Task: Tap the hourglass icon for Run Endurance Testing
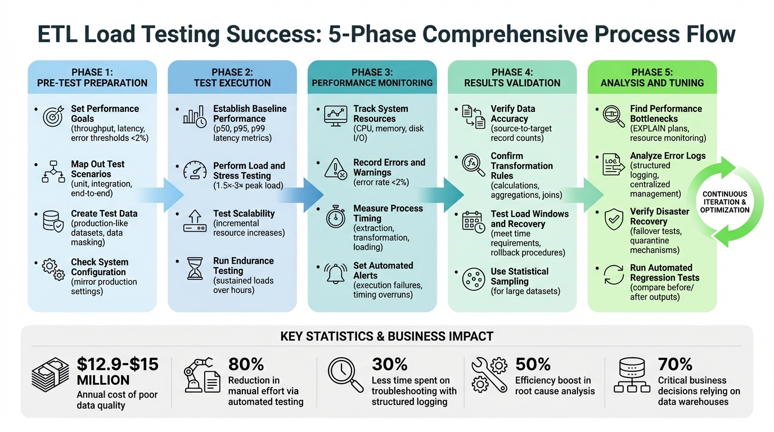(195, 269)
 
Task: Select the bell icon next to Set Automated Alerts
(336, 274)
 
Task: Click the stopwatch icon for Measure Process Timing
(336, 217)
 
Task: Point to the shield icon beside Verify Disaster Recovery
(613, 220)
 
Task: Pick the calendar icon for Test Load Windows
(473, 222)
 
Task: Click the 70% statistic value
(675, 364)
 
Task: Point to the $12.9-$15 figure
(118, 364)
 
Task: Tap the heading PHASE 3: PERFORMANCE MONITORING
(372, 77)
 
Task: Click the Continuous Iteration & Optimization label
(724, 202)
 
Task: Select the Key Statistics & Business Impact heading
(386, 336)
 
